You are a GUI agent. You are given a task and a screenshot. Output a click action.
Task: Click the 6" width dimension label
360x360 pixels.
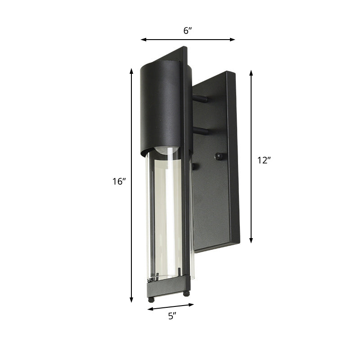[188, 30]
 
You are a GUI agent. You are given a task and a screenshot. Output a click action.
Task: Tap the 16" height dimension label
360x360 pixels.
[119, 182]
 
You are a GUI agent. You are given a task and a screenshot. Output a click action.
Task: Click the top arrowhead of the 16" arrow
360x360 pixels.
[131, 70]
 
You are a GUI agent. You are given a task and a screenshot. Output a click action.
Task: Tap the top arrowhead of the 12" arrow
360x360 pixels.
[252, 72]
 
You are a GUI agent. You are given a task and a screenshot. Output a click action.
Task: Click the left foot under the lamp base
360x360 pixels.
[151, 298]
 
